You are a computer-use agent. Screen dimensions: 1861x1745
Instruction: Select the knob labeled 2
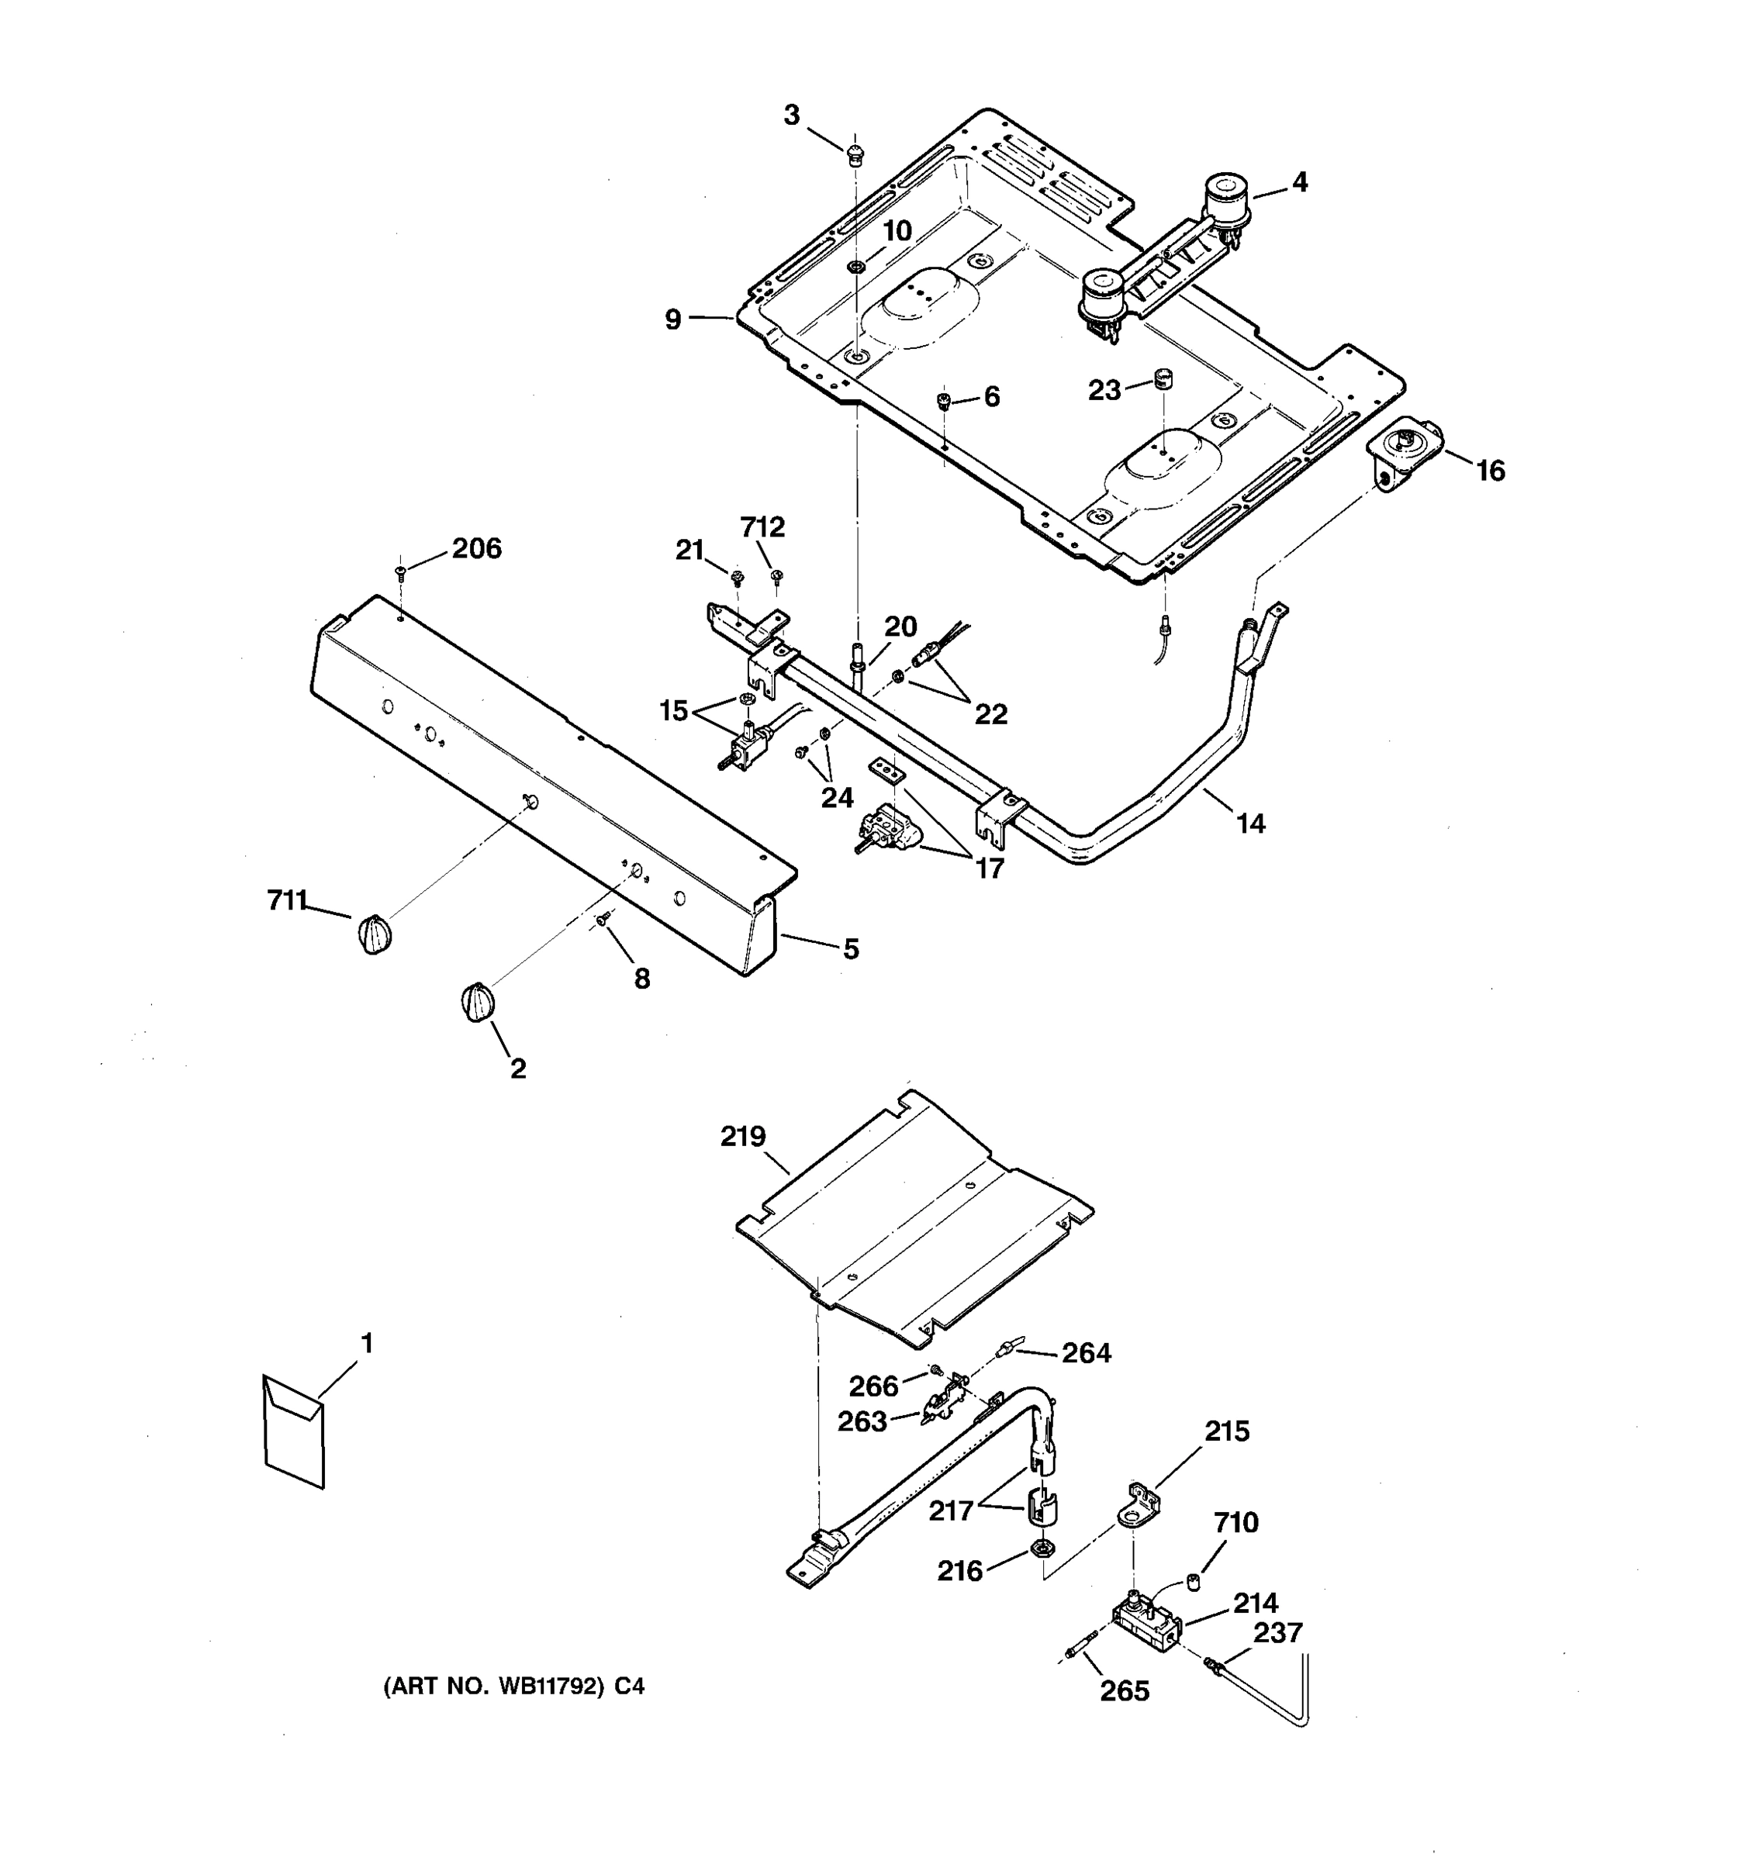(478, 1003)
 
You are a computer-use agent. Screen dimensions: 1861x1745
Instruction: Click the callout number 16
(1491, 470)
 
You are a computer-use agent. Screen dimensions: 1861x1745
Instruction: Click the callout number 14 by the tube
(1251, 823)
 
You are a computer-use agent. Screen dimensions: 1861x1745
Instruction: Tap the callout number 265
(1125, 1690)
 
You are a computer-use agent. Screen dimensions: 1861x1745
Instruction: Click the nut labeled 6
(945, 402)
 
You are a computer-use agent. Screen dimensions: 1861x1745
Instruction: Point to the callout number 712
(762, 527)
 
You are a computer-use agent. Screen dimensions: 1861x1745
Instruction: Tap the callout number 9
(673, 320)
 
